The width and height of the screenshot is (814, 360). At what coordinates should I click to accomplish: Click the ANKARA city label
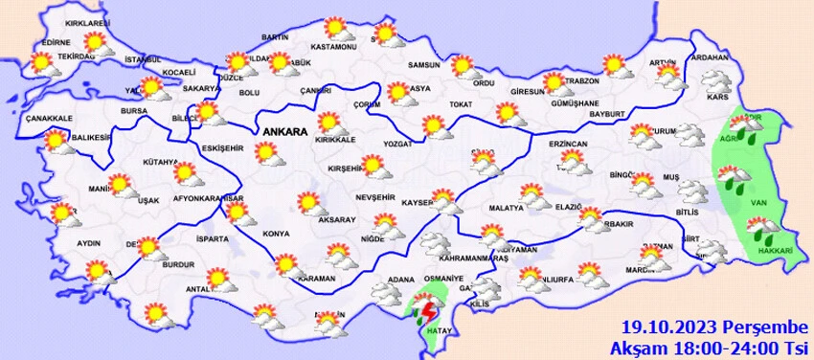click(283, 132)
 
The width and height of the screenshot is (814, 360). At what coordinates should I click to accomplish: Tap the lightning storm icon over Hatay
click(426, 312)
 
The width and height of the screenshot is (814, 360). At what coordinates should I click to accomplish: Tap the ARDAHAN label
click(710, 57)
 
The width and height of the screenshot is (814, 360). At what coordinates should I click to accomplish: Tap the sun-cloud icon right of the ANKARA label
click(331, 124)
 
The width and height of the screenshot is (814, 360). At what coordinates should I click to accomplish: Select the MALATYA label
click(506, 207)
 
